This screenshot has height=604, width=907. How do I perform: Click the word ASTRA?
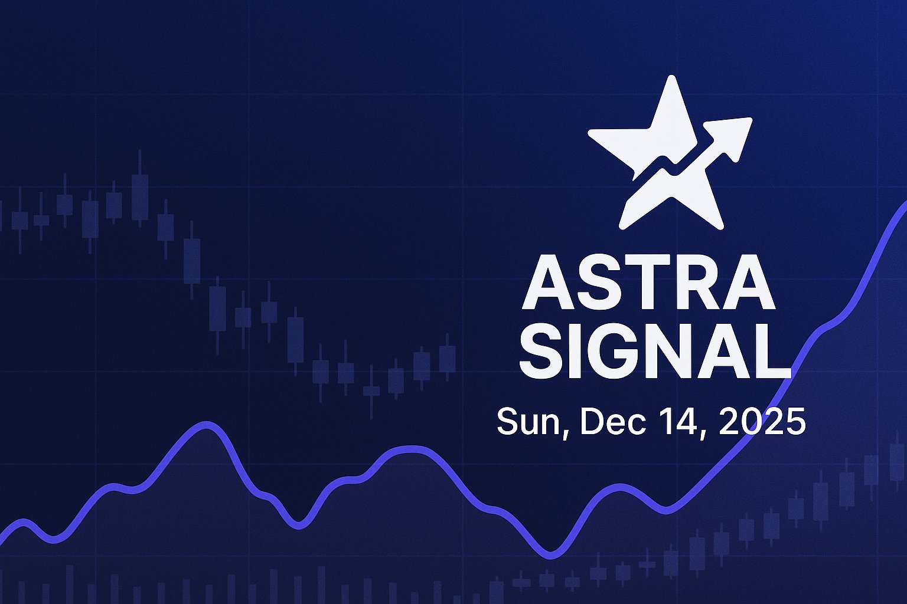(x=648, y=284)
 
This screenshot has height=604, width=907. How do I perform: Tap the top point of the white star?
(x=670, y=80)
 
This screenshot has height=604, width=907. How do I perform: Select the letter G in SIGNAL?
(x=616, y=352)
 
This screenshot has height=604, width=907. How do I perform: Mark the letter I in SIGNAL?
(x=582, y=352)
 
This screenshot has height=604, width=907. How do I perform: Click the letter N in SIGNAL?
(x=666, y=352)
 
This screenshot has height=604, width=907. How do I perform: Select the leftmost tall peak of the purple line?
(x=206, y=425)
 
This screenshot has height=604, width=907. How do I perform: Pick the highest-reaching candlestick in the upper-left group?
(x=140, y=189)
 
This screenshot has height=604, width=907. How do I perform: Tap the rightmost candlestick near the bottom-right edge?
(x=897, y=460)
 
